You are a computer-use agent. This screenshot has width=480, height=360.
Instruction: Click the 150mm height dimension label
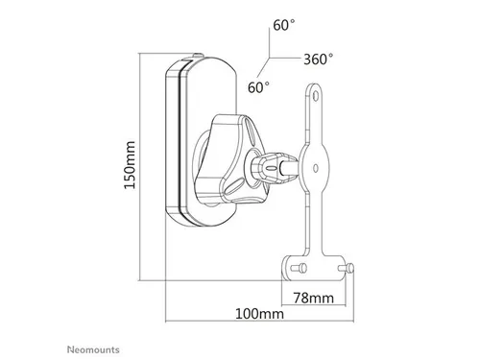tap(130, 165)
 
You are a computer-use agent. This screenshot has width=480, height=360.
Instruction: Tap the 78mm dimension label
tap(314, 298)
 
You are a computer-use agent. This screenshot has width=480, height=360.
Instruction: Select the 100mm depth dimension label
tap(259, 314)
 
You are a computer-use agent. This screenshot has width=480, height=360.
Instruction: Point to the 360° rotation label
tap(318, 60)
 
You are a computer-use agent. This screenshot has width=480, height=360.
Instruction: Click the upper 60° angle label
tap(284, 25)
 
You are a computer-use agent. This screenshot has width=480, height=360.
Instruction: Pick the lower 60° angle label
tap(258, 87)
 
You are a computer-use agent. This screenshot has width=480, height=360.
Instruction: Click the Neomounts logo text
tap(93, 349)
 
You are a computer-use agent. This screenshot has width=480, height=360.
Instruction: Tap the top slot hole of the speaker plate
tap(316, 95)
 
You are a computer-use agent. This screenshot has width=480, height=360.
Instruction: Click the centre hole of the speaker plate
tap(316, 168)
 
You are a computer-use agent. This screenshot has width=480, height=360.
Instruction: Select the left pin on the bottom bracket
tap(300, 268)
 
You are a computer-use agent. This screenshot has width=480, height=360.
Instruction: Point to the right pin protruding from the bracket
tap(347, 268)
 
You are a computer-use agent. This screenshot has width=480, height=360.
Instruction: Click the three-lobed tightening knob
tap(229, 159)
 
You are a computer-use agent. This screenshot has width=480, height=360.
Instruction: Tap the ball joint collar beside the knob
tap(275, 167)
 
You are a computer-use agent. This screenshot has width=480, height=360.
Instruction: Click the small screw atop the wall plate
tap(198, 56)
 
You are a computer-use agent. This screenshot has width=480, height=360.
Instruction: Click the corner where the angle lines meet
tap(269, 58)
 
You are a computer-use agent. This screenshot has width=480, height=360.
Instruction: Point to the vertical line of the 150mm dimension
tap(140, 167)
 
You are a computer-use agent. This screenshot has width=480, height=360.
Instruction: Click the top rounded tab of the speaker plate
tap(315, 93)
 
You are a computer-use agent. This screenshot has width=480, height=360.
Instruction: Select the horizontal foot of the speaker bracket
tap(314, 268)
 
